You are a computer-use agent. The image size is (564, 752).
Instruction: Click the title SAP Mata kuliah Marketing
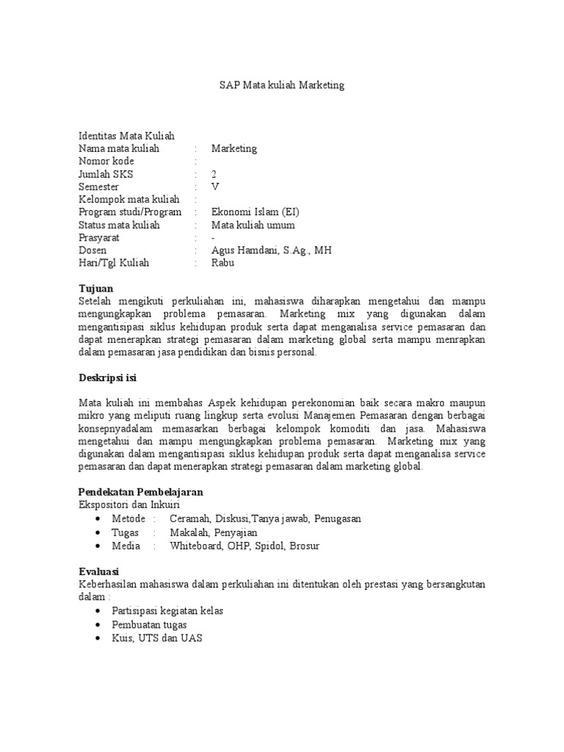(x=282, y=85)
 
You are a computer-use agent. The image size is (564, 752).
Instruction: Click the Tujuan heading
(x=95, y=289)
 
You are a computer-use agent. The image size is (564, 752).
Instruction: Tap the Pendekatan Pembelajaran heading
(x=140, y=491)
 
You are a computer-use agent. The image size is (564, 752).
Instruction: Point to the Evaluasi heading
(x=98, y=571)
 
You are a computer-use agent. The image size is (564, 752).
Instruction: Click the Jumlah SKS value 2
(x=214, y=174)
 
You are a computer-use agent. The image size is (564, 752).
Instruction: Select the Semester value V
(x=214, y=187)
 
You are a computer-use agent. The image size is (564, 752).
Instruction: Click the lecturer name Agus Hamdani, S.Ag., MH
(x=271, y=250)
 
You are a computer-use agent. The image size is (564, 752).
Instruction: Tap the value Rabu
(x=223, y=263)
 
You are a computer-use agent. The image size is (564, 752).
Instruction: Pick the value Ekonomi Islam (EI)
(x=255, y=212)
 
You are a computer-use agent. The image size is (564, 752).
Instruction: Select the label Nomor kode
(x=106, y=161)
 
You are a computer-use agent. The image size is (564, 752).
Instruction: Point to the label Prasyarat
(x=99, y=238)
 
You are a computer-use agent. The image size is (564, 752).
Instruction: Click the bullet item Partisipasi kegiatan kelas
(x=167, y=611)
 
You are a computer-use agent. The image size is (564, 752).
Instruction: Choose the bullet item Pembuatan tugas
(x=149, y=624)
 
